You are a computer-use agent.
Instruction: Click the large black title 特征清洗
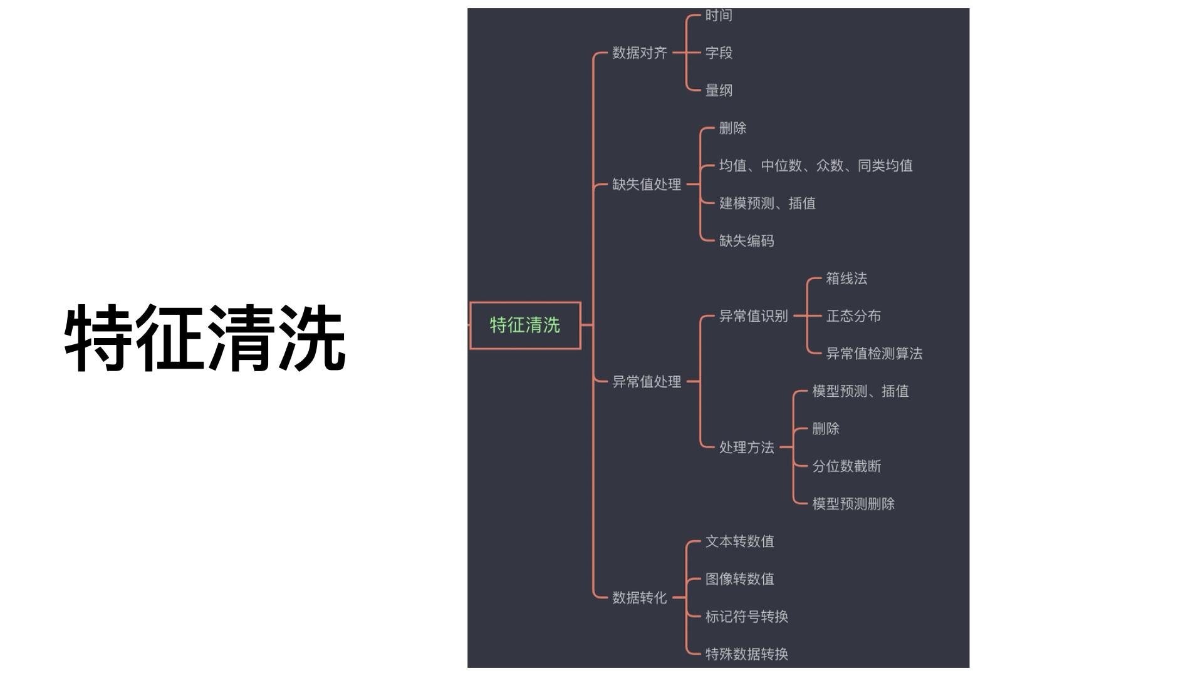point(205,339)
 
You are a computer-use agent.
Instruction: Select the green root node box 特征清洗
point(525,325)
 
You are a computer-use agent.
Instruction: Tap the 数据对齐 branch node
point(640,53)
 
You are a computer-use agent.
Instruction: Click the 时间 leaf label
point(719,16)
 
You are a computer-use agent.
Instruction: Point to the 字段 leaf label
point(719,53)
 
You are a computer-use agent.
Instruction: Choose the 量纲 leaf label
point(719,91)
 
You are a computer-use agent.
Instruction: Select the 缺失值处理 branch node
point(647,185)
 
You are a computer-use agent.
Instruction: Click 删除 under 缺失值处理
point(732,128)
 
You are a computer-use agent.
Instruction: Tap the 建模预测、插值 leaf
point(767,203)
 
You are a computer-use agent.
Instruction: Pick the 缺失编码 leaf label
point(746,241)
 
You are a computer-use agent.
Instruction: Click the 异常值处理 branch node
point(647,382)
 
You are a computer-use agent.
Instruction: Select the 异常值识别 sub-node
point(753,316)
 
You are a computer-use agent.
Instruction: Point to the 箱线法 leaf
point(846,279)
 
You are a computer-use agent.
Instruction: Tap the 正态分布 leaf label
point(853,316)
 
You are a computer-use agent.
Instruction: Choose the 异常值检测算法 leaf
point(874,354)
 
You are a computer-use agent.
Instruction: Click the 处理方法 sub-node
point(746,448)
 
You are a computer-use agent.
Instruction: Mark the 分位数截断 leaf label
point(846,466)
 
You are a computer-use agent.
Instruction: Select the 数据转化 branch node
point(640,598)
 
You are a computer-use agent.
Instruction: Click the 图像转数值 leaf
point(739,579)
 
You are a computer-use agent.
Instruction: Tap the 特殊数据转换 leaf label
point(746,654)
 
